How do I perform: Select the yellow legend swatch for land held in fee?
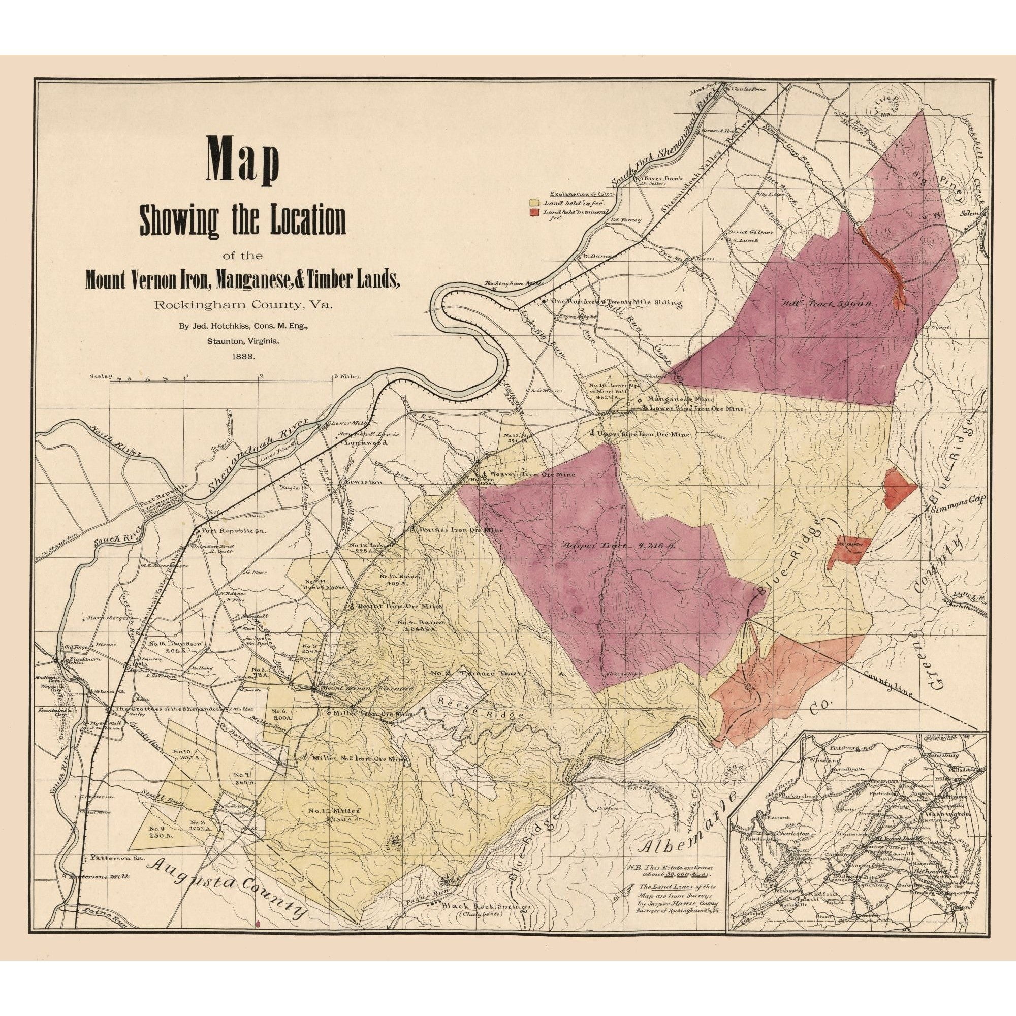tap(534, 202)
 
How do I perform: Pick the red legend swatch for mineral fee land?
tap(534, 211)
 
